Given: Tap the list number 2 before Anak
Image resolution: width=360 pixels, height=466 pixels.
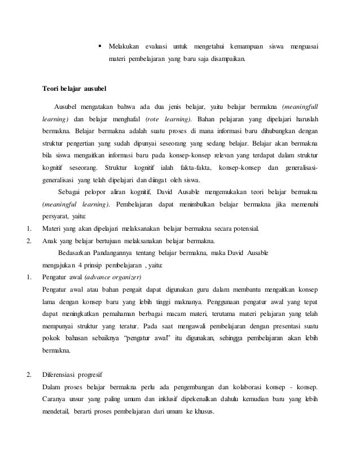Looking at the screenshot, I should (29, 242).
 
